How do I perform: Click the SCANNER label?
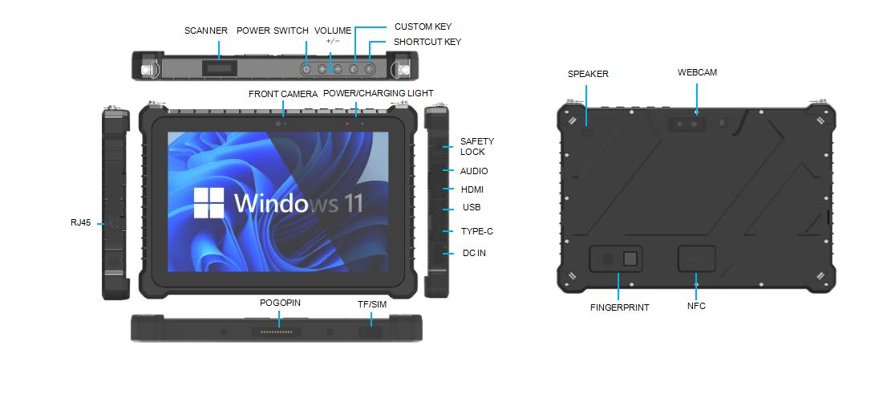click(x=207, y=31)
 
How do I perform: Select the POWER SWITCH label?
click(x=272, y=31)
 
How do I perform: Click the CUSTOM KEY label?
click(x=422, y=26)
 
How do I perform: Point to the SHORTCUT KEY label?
click(x=427, y=42)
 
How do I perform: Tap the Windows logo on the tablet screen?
click(x=210, y=203)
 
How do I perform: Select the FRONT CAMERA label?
click(x=283, y=94)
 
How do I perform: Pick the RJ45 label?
click(x=81, y=223)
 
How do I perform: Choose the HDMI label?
click(x=472, y=189)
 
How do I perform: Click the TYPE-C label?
click(x=476, y=231)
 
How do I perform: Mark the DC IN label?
click(x=474, y=253)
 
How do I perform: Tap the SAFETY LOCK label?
click(x=472, y=146)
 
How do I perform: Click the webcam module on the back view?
click(x=687, y=124)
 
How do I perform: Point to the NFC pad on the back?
click(x=696, y=258)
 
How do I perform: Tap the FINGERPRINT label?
click(x=620, y=307)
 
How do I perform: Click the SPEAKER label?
click(x=588, y=74)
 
